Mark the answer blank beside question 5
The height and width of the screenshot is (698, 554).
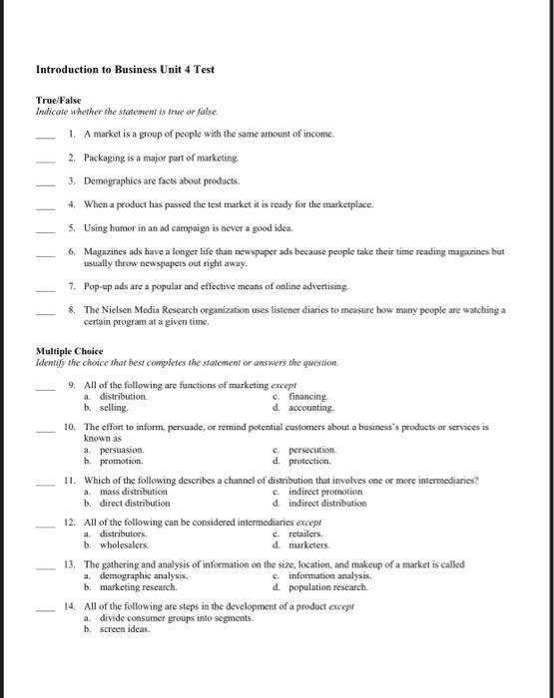point(44,227)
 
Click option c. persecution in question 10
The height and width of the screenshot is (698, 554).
point(306,451)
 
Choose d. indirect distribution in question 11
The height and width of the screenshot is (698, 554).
point(319,504)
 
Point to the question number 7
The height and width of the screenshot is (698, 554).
point(71,285)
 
